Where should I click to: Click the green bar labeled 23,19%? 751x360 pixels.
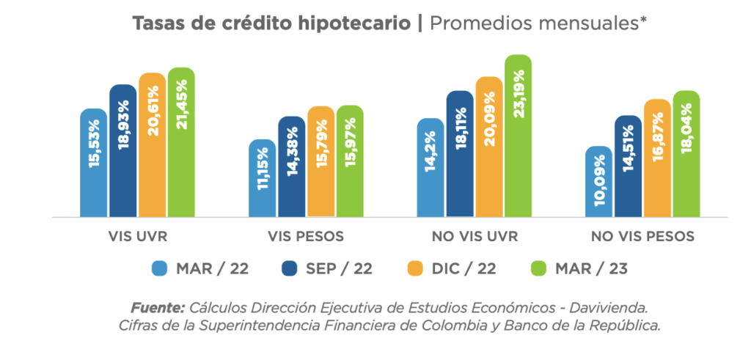coord(518,136)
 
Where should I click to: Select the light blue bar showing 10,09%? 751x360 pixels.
coord(598,182)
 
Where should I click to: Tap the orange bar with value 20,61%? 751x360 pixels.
coord(152,145)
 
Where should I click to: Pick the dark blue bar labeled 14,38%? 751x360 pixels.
coord(291,166)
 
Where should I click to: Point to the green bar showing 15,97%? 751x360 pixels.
coord(349,161)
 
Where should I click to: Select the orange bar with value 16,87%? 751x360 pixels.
coord(656,158)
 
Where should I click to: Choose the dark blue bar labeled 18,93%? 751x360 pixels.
coord(123,151)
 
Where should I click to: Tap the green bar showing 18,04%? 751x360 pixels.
coord(686,154)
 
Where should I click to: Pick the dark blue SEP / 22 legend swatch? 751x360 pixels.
coord(289,268)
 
